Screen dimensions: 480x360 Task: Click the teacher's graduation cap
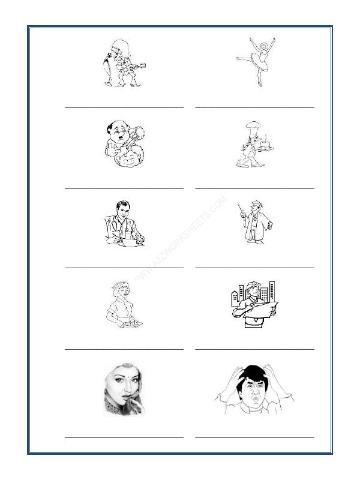pyautogui.click(x=256, y=204)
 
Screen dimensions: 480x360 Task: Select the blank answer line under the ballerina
pyautogui.click(x=254, y=107)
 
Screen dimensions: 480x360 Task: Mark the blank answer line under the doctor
pyautogui.click(x=124, y=268)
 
